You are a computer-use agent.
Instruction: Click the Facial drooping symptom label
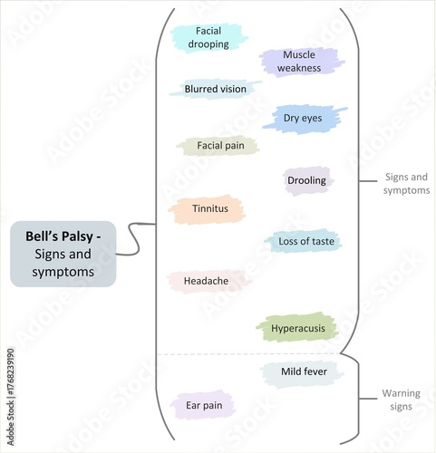[x=208, y=37]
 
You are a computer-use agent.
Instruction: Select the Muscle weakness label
[x=299, y=62]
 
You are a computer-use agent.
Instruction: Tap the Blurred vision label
[x=215, y=89]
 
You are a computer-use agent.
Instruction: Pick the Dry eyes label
[x=309, y=118]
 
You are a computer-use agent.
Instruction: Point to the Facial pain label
[x=216, y=145]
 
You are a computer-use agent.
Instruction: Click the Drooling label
[x=306, y=180]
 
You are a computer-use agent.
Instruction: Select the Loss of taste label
[x=305, y=241]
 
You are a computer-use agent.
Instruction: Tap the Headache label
[x=206, y=281]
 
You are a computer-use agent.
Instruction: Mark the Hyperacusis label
[x=298, y=327]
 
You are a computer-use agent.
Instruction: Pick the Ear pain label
[x=204, y=406]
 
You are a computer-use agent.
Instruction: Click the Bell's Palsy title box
[x=63, y=254]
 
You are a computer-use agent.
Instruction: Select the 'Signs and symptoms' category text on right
[x=407, y=184]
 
